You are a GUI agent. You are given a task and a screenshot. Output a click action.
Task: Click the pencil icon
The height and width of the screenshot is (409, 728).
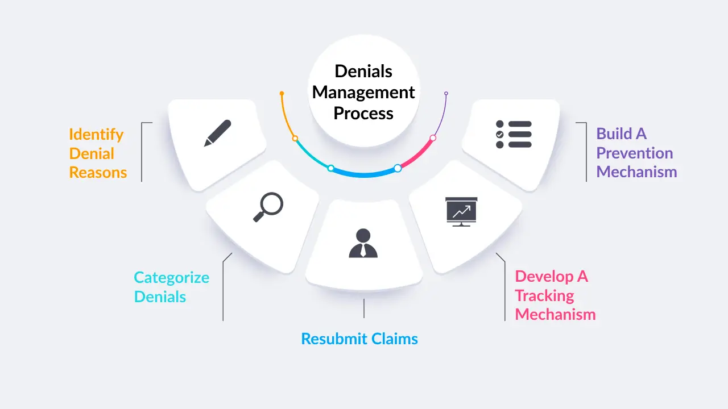(218, 133)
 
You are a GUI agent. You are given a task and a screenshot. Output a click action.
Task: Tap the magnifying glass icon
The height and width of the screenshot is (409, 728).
(268, 207)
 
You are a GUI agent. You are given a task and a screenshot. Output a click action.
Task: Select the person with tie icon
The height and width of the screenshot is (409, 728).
(363, 243)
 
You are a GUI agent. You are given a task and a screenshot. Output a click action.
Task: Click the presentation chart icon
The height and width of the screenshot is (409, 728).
(461, 211)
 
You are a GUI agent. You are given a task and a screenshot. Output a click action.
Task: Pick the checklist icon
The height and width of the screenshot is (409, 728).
(514, 134)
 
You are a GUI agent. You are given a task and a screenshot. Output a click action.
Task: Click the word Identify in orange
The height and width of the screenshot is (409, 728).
(96, 135)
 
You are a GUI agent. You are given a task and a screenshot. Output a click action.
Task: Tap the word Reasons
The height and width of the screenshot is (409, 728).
(98, 173)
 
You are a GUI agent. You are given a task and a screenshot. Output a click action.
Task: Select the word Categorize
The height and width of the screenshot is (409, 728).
(171, 278)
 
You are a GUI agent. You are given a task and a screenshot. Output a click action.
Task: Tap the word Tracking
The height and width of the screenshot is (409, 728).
(544, 295)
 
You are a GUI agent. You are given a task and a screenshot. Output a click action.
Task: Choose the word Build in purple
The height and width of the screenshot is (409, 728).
(614, 134)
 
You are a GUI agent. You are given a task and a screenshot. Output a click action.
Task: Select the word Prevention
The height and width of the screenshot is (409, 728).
(634, 153)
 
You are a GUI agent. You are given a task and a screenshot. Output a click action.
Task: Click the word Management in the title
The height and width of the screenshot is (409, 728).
(363, 92)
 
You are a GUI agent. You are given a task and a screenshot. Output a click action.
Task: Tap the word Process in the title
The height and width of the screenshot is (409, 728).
(363, 113)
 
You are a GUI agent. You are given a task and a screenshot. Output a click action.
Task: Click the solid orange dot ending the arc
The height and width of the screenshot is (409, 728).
(282, 93)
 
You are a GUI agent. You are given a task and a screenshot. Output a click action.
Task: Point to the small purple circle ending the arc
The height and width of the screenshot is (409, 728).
(446, 93)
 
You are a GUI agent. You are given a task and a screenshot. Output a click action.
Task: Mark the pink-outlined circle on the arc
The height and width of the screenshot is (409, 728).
(433, 138)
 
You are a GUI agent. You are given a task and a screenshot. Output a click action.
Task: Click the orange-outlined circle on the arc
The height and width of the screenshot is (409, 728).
(295, 138)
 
